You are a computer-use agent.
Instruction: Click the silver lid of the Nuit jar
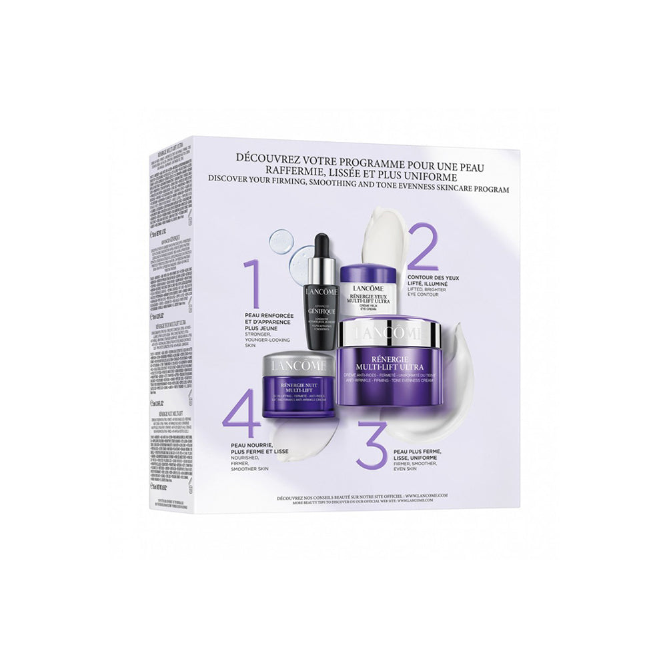point(299,365)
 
